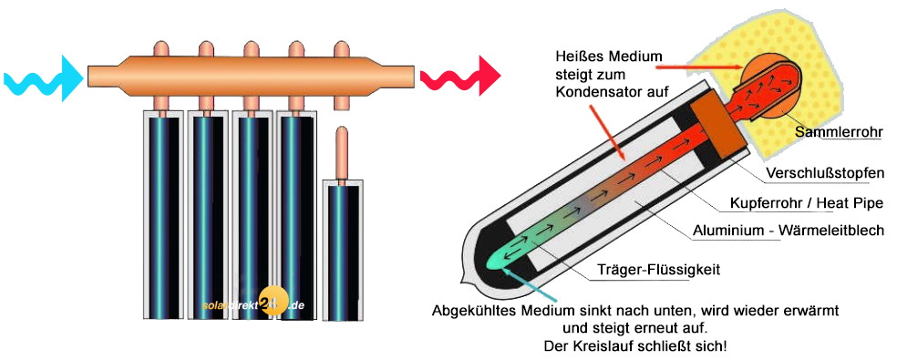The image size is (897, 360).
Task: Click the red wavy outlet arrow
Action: coord(460,75)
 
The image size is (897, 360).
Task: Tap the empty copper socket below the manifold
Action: coord(342,99)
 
